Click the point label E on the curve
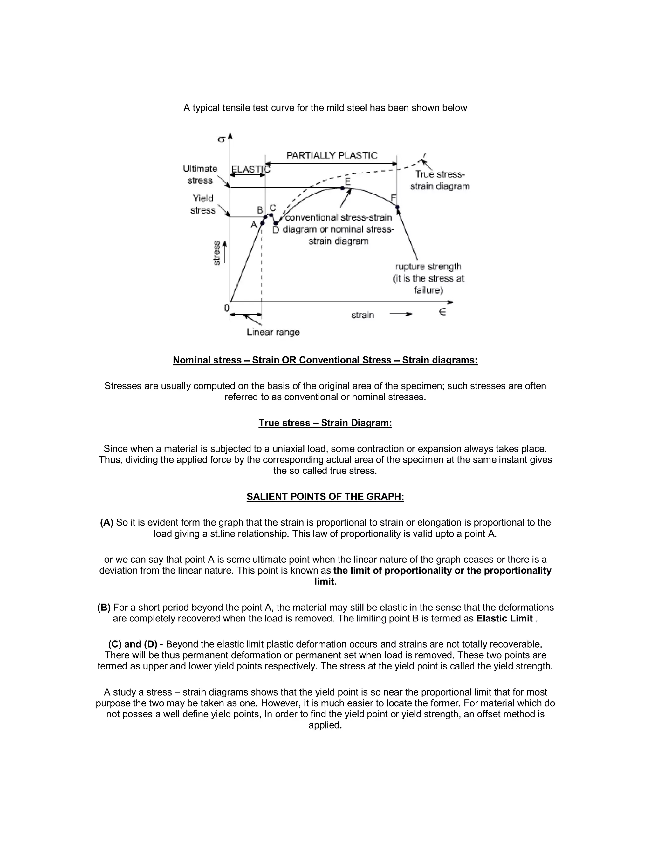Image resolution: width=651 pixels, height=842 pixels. click(x=347, y=181)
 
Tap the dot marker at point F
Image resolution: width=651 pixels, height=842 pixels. click(x=398, y=207)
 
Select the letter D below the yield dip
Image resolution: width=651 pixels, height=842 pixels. click(x=275, y=230)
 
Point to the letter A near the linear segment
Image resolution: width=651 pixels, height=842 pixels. click(x=254, y=224)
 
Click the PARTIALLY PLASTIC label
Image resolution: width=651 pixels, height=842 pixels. click(x=332, y=156)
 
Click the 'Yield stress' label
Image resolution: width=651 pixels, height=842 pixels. click(x=203, y=204)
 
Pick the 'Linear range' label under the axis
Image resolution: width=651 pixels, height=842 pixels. click(x=273, y=332)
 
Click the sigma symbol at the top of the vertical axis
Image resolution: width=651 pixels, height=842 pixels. click(x=221, y=139)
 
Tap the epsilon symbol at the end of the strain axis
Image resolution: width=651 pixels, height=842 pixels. click(x=442, y=312)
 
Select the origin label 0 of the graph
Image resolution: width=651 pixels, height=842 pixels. click(x=226, y=308)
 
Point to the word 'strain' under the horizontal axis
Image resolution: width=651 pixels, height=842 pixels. click(x=362, y=316)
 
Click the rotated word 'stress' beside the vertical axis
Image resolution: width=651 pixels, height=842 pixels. click(x=217, y=253)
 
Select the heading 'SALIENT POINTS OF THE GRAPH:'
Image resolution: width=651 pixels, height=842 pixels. click(x=325, y=497)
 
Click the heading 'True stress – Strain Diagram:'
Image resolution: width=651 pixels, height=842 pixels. click(x=325, y=423)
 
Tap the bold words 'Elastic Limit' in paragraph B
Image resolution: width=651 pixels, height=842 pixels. click(x=504, y=619)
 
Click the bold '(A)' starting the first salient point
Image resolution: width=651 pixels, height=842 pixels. click(x=107, y=522)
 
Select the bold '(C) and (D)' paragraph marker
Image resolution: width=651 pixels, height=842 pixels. click(x=133, y=644)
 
